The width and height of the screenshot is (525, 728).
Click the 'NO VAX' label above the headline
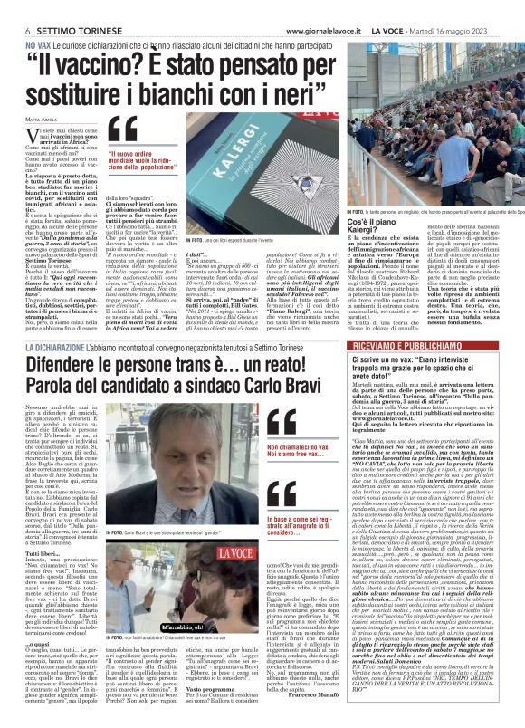click(38, 22)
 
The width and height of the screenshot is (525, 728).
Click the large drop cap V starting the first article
click(32, 134)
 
